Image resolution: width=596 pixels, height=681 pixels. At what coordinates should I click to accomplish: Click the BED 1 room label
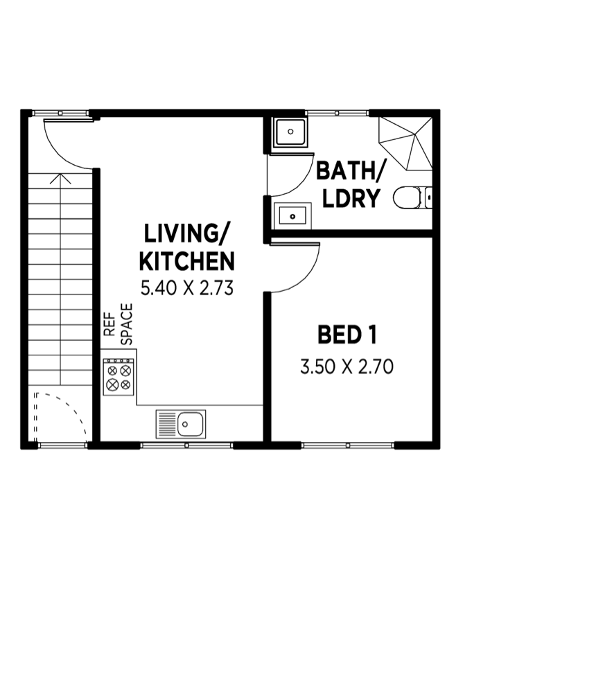[347, 335]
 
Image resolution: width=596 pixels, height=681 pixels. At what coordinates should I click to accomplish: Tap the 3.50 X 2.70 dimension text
[347, 366]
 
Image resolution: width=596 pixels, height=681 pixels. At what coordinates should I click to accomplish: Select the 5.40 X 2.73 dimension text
[187, 288]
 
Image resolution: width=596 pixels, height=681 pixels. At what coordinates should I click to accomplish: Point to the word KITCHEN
[187, 261]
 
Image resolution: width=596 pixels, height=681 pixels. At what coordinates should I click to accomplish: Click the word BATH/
[350, 170]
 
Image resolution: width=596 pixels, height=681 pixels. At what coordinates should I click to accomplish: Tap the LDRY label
[350, 198]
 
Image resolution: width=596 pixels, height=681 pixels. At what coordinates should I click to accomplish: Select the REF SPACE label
[118, 324]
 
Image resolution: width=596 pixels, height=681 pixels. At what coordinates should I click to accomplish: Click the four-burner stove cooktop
[119, 377]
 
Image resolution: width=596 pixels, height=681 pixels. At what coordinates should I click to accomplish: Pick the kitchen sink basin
[181, 424]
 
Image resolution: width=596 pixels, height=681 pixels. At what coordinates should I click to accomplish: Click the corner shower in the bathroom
[405, 143]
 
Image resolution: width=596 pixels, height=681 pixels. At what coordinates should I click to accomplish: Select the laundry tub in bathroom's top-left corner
[291, 131]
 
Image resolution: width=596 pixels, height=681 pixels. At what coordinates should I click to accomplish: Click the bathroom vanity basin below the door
[292, 216]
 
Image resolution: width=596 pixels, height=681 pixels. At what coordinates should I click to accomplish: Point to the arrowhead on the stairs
[60, 179]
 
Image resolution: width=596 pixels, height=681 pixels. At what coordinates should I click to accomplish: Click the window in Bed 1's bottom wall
[347, 445]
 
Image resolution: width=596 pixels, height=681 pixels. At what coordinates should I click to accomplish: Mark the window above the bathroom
[337, 113]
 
